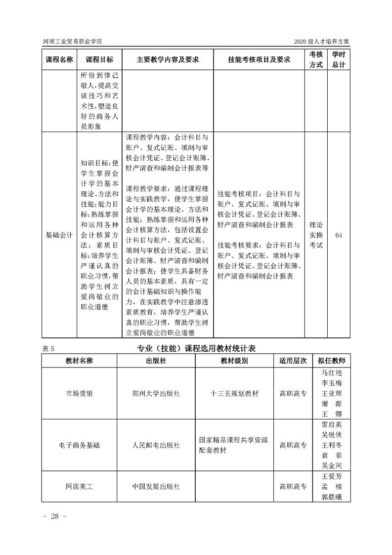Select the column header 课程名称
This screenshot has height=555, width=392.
(59, 59)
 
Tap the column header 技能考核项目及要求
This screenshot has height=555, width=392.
(259, 59)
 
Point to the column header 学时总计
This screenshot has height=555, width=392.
(339, 59)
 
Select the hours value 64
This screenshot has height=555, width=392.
(339, 235)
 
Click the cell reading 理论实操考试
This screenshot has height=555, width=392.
(316, 235)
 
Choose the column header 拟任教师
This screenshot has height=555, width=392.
(332, 361)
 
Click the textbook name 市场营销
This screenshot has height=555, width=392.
(79, 394)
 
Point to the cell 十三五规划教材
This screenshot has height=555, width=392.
(234, 394)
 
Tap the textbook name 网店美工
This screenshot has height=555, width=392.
(79, 486)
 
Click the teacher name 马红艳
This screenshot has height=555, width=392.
(332, 373)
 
